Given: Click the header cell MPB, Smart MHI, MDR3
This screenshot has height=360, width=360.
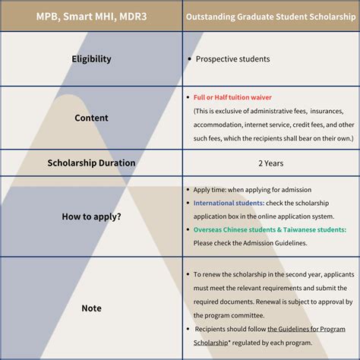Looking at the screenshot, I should point(91,16).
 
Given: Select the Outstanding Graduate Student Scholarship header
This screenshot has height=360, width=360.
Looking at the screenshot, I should point(270,16).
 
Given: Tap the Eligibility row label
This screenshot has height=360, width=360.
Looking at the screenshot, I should point(91,58).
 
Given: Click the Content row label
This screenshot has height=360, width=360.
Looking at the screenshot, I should point(91,118).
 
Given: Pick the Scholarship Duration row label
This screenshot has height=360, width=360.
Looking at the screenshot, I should point(91,163).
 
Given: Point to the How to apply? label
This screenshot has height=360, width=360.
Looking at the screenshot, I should point(91,216).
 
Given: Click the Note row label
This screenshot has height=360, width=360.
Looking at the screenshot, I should point(91,308).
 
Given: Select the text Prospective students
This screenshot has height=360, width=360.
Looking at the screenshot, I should point(232,58).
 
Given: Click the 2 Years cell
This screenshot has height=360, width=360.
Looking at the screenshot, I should point(270,163).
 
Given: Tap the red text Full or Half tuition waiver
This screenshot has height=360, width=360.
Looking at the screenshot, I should point(232,97).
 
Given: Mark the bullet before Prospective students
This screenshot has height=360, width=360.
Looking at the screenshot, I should point(188,58).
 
